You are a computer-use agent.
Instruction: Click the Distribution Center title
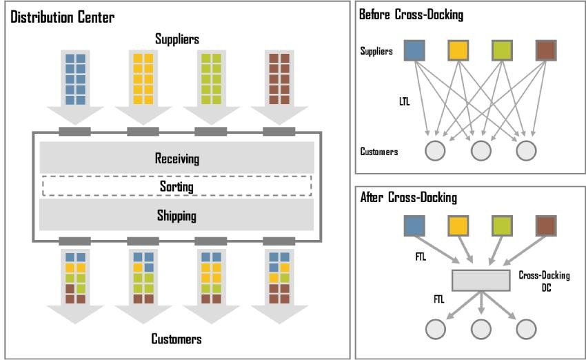(x=62, y=17)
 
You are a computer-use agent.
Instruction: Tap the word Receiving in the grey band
(x=176, y=159)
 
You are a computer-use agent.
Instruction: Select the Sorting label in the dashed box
(x=176, y=186)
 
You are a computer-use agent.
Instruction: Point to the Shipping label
(x=176, y=216)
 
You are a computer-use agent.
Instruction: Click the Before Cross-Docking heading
(x=411, y=14)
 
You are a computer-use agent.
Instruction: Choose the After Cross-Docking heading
(x=409, y=197)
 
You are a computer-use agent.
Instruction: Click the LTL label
(x=405, y=101)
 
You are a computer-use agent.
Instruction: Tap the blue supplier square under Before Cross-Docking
(x=414, y=50)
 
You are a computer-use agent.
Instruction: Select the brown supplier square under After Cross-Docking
(x=546, y=226)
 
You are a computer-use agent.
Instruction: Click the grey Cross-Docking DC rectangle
(x=481, y=281)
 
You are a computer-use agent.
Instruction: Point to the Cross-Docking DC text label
(x=544, y=281)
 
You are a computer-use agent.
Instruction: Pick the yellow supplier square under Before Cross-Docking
(x=458, y=50)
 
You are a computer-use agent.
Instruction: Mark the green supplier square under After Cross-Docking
(x=502, y=226)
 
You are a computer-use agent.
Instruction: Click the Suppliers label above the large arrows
(x=177, y=39)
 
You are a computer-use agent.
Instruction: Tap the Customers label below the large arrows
(x=176, y=339)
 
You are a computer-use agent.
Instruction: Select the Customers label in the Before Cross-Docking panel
(x=379, y=152)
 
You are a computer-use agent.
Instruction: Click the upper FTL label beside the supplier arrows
(x=421, y=257)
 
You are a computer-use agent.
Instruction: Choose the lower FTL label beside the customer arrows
(x=438, y=299)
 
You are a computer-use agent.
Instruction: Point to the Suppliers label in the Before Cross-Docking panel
(x=376, y=51)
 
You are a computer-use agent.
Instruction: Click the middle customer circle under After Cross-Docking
(x=481, y=330)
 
